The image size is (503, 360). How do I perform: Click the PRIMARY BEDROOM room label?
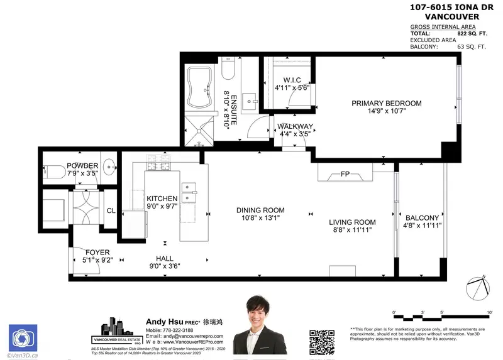pos(386,103)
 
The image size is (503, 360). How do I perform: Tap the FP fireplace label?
pos(345,173)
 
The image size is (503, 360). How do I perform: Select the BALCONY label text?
pos(422,217)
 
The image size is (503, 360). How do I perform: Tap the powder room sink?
pos(108,168)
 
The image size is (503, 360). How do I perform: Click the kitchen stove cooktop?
pos(155,165)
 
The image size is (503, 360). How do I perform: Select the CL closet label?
pos(111,211)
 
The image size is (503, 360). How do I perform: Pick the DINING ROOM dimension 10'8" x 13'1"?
pos(260,219)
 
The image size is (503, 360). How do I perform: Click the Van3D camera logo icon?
pos(21,337)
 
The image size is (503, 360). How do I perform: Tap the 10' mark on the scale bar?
pos(489,312)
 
